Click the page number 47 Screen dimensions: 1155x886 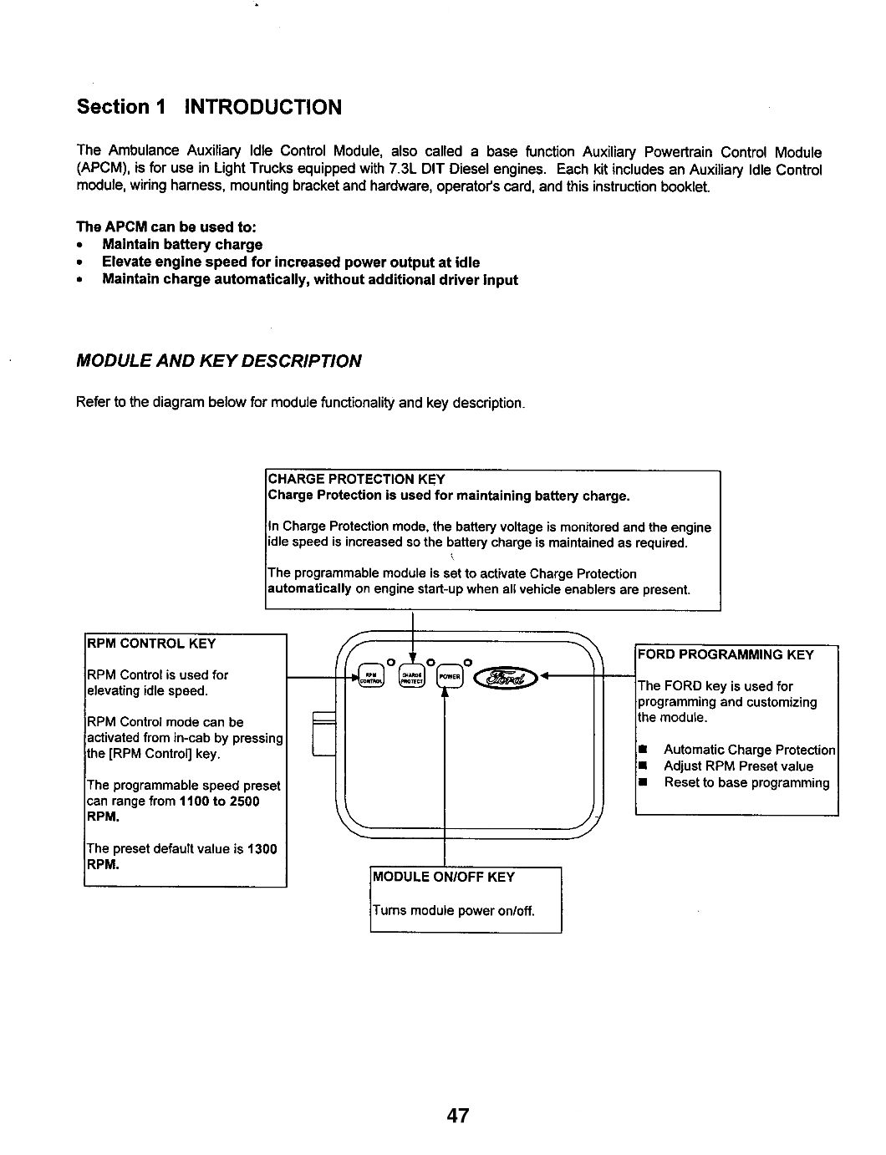(x=458, y=1116)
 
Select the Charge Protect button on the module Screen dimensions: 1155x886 (x=412, y=676)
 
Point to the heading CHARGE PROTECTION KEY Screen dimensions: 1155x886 (x=355, y=480)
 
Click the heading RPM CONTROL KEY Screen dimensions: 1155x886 (x=151, y=644)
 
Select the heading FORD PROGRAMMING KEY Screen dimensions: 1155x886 (x=726, y=654)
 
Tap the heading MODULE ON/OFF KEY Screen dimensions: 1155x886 (x=444, y=877)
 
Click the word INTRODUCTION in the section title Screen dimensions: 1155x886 (x=262, y=107)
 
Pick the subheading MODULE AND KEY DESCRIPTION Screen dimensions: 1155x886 (x=219, y=361)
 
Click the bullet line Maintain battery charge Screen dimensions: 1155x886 (x=182, y=245)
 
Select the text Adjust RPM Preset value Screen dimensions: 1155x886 (x=738, y=766)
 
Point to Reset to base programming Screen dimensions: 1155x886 (x=746, y=783)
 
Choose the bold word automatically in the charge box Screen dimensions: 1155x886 (x=309, y=589)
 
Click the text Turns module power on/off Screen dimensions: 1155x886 (x=451, y=910)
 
